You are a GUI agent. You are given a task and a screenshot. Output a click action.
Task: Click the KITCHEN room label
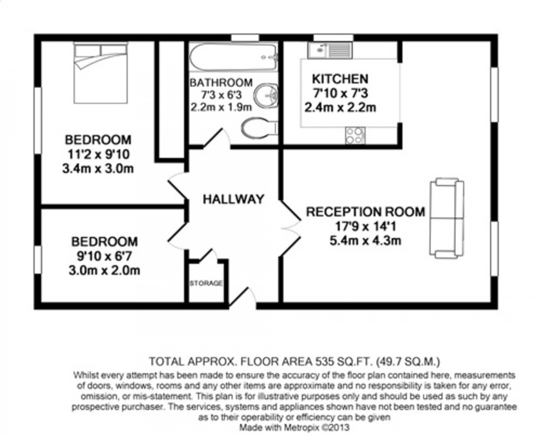340,79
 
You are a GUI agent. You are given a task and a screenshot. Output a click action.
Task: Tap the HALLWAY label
234,199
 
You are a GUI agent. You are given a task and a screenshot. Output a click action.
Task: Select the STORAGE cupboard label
206,283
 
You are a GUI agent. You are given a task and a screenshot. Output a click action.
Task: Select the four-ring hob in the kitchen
355,135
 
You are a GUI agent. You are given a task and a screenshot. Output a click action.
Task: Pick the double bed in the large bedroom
101,73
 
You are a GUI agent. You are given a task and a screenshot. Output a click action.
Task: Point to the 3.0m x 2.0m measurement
104,271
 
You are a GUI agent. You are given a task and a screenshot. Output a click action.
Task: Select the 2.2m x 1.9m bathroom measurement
221,107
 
